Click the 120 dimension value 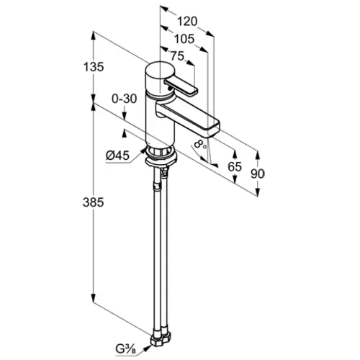pos(187,22)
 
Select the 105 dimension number pos(184,39)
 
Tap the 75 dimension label pos(177,56)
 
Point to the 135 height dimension pos(94,67)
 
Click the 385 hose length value pos(94,202)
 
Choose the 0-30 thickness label pos(125,99)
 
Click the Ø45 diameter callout pos(117,156)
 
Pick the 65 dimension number pos(235,166)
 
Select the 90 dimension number pos(258,174)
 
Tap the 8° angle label pos(200,144)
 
